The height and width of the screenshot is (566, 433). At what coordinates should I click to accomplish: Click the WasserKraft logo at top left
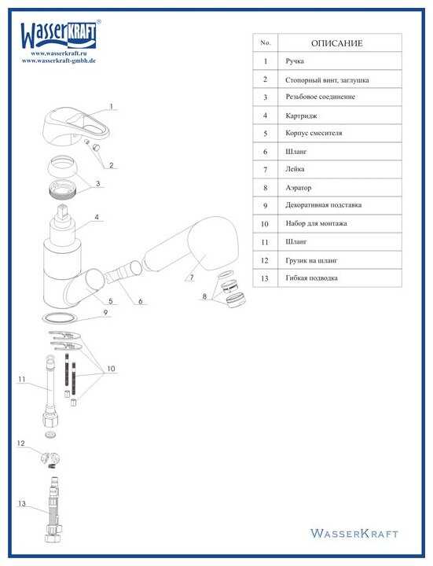[x=60, y=35]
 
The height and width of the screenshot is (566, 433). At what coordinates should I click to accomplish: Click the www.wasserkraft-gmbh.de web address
[x=59, y=61]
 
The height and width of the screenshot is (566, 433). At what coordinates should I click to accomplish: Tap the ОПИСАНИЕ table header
[x=336, y=43]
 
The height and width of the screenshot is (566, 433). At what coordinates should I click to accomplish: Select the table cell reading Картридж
[x=301, y=116]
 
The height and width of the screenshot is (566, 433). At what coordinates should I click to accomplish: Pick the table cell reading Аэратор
[x=299, y=188]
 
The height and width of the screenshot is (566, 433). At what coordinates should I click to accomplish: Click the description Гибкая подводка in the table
[x=312, y=278]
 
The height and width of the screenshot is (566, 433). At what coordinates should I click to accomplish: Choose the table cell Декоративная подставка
[x=323, y=205]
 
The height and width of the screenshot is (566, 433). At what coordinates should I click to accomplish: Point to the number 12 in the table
[x=265, y=260]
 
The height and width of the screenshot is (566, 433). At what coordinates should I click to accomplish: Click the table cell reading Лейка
[x=295, y=169]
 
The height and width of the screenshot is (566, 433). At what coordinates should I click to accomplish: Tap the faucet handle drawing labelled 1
[x=75, y=127]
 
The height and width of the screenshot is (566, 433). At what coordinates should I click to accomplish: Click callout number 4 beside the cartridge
[x=97, y=217]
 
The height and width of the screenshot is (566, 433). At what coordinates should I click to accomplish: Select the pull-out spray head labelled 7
[x=191, y=243]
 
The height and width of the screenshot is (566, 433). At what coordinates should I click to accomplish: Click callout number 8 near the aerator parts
[x=204, y=296]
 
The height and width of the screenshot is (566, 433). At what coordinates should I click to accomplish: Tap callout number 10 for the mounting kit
[x=111, y=369]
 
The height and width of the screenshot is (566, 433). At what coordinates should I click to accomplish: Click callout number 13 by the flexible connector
[x=22, y=504]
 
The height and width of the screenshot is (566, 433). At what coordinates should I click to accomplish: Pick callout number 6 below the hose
[x=141, y=300]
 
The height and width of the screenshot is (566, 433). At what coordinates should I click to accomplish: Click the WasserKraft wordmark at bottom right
[x=354, y=534]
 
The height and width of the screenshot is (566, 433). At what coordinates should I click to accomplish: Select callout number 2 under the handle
[x=111, y=165]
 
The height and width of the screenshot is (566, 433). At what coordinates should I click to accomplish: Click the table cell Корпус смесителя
[x=314, y=133]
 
